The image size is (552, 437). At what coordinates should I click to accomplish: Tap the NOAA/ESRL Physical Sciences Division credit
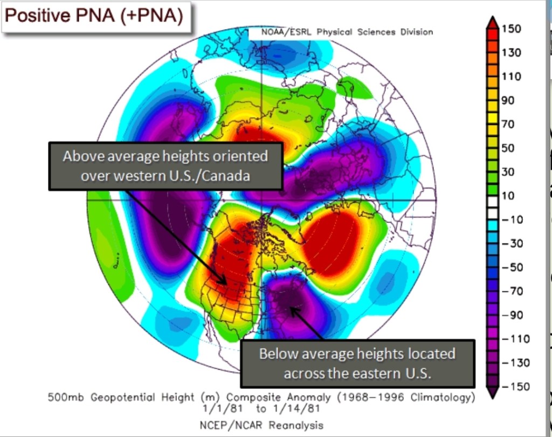[x=347, y=32]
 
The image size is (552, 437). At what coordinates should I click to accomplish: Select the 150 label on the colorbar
[x=512, y=29]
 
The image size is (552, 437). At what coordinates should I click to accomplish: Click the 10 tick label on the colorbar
[x=508, y=196]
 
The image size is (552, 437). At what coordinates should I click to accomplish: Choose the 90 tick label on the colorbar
[x=508, y=100]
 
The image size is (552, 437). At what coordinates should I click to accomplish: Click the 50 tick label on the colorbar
[x=508, y=148]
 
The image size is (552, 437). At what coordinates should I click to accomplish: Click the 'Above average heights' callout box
[x=165, y=166]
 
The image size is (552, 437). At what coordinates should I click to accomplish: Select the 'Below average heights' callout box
[x=357, y=363]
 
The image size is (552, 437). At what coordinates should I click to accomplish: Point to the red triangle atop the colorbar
[x=492, y=22]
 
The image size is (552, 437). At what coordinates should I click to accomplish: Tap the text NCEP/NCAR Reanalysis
[x=262, y=425]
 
